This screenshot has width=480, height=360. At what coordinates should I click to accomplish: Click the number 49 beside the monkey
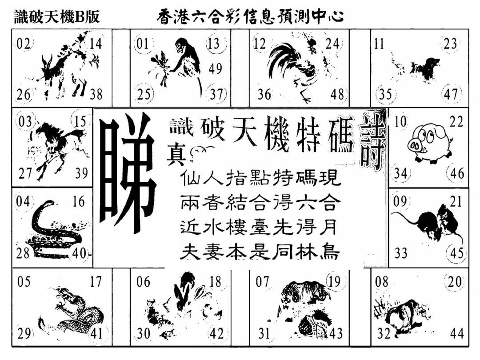click(215, 68)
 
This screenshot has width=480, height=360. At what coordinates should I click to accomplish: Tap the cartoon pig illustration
click(431, 142)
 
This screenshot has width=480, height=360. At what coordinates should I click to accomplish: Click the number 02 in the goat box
click(23, 44)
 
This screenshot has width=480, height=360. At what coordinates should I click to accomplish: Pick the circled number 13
click(214, 43)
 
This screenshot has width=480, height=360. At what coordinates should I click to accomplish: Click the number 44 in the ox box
click(456, 333)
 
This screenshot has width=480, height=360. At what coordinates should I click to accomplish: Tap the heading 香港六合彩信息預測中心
click(249, 17)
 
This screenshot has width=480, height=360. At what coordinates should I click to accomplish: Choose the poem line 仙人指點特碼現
click(260, 178)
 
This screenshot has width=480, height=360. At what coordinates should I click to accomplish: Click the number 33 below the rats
click(401, 253)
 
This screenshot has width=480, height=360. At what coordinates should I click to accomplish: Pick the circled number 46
click(457, 173)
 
